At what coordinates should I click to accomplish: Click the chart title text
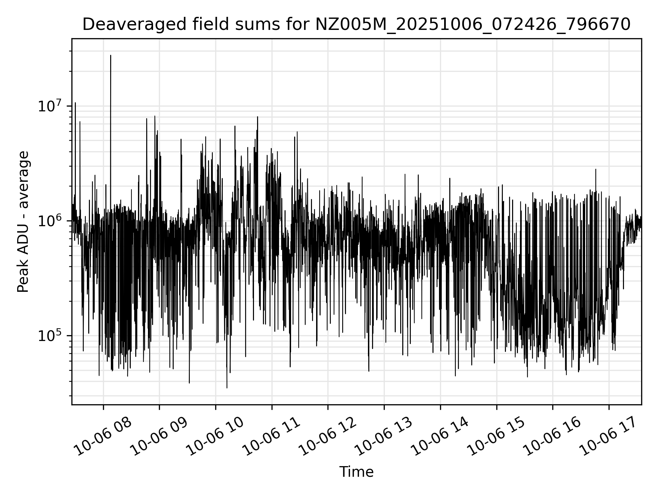pos(356,25)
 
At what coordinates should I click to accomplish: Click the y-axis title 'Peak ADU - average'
pos(23,222)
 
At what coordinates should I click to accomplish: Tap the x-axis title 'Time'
pos(356,472)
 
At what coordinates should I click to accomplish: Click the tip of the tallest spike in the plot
pos(111,55)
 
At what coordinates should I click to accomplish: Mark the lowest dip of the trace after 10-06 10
pos(227,388)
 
